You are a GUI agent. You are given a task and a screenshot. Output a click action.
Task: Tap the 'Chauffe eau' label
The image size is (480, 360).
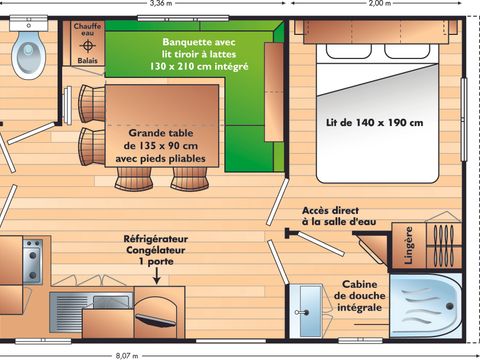coord(87,29)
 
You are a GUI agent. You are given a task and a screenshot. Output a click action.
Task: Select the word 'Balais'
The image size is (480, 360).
coord(87,60)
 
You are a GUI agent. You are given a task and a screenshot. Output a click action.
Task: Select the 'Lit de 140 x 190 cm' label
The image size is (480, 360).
coord(374,123)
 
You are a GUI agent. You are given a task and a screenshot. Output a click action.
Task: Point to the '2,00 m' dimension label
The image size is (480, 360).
coord(380,4)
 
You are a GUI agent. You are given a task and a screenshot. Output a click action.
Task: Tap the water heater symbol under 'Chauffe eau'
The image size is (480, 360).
coord(87,46)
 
